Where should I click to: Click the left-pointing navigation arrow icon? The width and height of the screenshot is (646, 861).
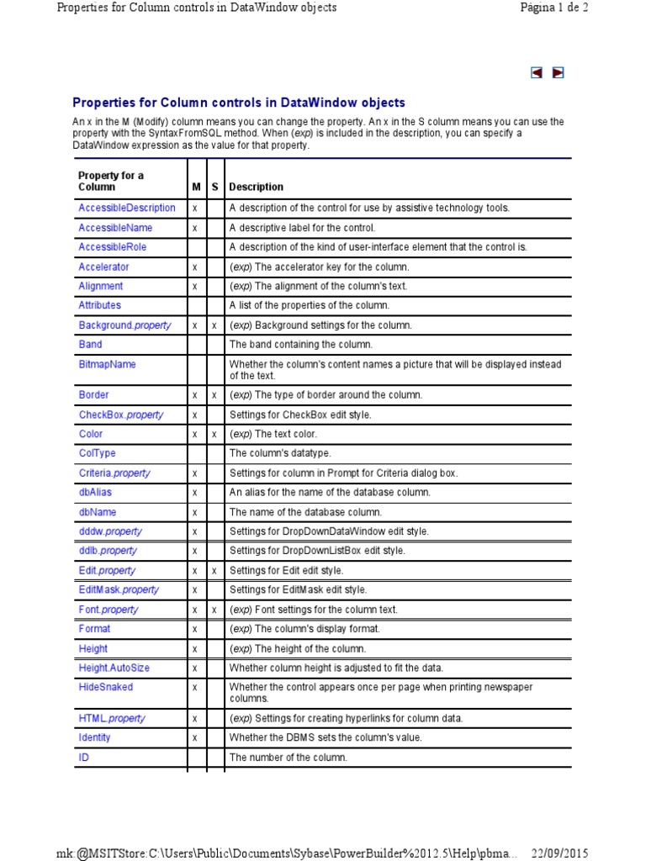pos(537,73)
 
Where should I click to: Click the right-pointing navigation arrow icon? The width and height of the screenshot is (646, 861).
pos(558,73)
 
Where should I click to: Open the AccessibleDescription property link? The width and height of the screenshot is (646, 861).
pos(127,208)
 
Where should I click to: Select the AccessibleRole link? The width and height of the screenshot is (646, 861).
pos(112,247)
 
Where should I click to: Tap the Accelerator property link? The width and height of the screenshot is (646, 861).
pos(104,267)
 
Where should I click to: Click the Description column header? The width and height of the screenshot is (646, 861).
pos(257,187)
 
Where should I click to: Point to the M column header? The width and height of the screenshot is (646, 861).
pos(195,187)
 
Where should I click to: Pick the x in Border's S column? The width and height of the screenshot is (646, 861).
pos(214,395)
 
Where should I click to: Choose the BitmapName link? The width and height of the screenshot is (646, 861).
pos(107,364)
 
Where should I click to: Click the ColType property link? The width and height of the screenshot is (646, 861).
pos(97,453)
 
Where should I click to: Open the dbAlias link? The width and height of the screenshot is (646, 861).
pos(96,492)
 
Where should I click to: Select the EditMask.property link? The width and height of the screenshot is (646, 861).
pos(119,589)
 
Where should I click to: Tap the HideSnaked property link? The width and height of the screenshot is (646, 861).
pos(106,687)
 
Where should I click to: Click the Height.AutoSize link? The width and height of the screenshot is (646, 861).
pos(115,668)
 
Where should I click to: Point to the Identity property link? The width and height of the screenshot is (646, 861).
pos(94,737)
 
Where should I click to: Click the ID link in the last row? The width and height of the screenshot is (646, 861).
pos(84,757)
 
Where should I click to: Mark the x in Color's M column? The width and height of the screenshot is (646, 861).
pos(194,435)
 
